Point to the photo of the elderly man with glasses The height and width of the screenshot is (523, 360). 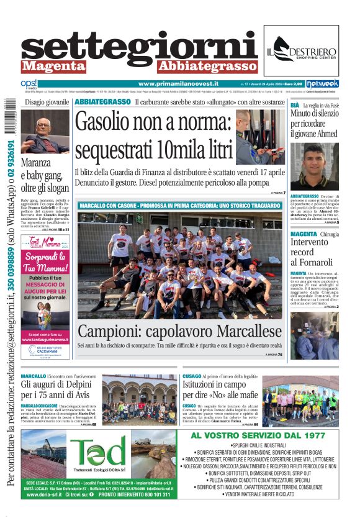tap(45, 132)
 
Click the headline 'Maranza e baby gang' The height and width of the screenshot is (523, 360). tap(44, 176)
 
